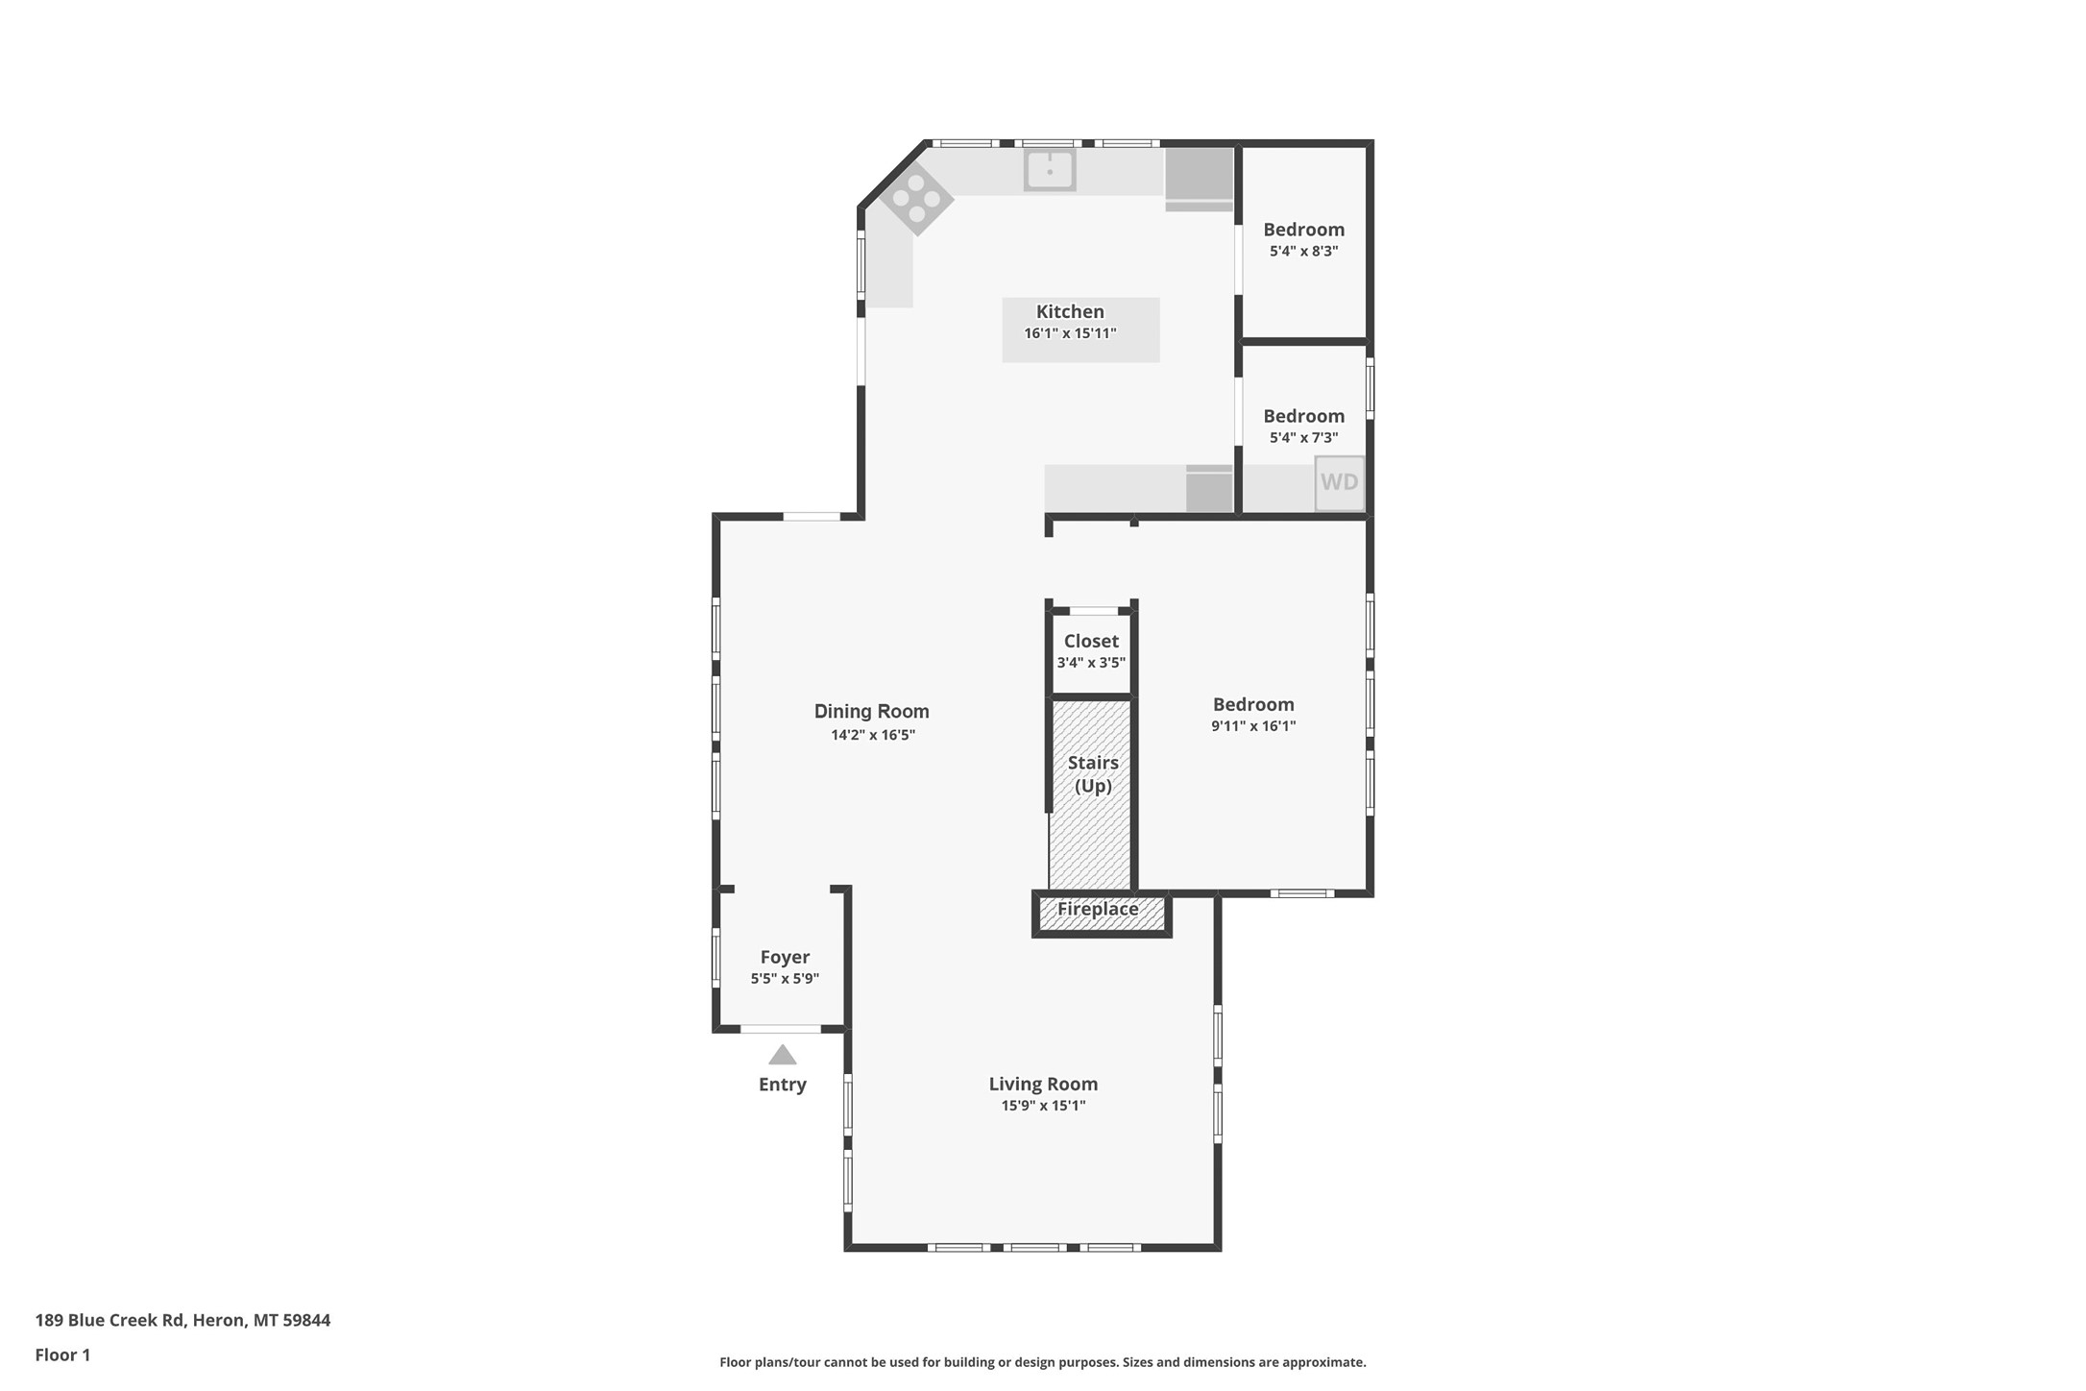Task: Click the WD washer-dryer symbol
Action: tap(1339, 482)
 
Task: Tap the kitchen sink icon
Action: tap(1049, 171)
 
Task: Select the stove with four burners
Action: tap(916, 199)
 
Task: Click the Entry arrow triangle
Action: tap(782, 1055)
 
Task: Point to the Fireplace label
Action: tap(1098, 909)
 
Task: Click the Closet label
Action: tap(1091, 641)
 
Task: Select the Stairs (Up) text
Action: tap(1093, 774)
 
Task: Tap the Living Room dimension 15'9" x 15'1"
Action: tap(1043, 1106)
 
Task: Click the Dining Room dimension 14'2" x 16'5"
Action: tap(872, 735)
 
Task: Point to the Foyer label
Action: tap(785, 957)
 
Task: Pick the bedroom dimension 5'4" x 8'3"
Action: tap(1303, 251)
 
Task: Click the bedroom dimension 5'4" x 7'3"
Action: tap(1303, 437)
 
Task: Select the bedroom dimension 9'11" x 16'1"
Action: tap(1252, 726)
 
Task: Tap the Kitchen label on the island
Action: tap(1070, 311)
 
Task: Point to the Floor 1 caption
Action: tap(62, 1355)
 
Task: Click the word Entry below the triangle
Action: tap(782, 1085)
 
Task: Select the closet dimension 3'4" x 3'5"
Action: tap(1091, 663)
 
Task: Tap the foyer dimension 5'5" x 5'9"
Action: tap(785, 979)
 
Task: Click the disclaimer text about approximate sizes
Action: tap(1042, 1362)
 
